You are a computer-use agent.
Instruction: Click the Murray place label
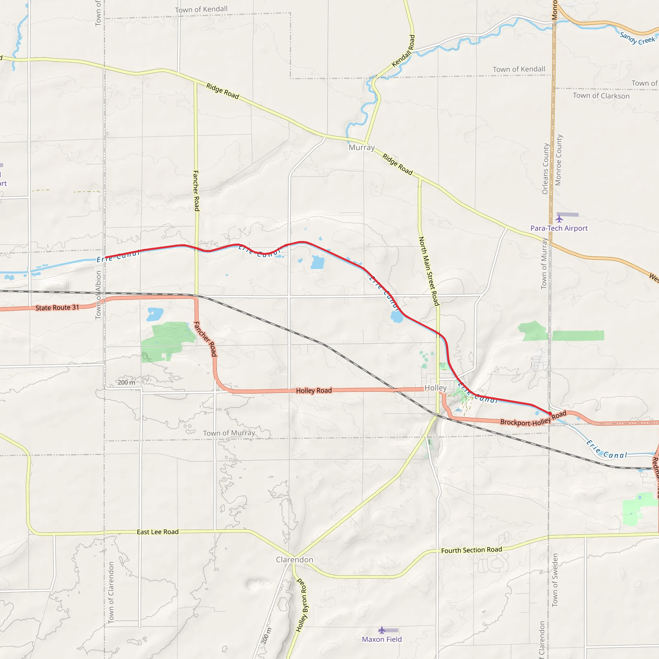(362, 148)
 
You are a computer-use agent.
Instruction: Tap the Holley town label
(435, 388)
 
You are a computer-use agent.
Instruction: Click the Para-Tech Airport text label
(559, 228)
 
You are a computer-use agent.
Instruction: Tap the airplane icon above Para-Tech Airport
(559, 218)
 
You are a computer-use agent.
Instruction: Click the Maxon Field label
(382, 639)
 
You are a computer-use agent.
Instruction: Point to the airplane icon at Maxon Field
(382, 630)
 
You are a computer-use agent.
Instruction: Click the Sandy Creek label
(637, 39)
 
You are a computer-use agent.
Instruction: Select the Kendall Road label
(404, 51)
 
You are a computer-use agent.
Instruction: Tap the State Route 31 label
(57, 308)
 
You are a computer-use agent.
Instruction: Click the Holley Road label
(314, 391)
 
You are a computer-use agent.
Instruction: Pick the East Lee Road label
(158, 532)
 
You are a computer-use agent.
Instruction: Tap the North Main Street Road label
(429, 271)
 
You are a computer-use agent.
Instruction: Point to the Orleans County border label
(545, 169)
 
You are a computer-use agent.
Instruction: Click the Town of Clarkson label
(601, 96)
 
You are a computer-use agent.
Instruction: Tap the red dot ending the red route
(550, 413)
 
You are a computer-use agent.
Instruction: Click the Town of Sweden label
(555, 580)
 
